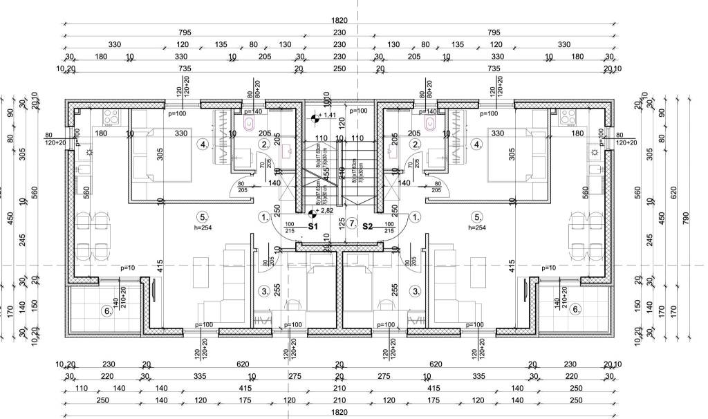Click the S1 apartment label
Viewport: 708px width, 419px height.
pos(313,226)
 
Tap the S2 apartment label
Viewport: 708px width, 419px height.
pos(367,226)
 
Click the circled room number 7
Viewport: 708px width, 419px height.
pos(352,223)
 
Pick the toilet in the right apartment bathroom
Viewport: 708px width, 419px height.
pos(429,124)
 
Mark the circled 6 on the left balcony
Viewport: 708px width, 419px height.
pos(106,311)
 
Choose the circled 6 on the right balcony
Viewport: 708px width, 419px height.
pos(575,310)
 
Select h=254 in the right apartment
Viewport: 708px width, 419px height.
pos(477,227)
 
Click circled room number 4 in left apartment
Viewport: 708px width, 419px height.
pos(203,145)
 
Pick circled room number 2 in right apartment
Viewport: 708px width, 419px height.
pos(415,145)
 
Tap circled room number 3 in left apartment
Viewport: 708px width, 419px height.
pos(263,291)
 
